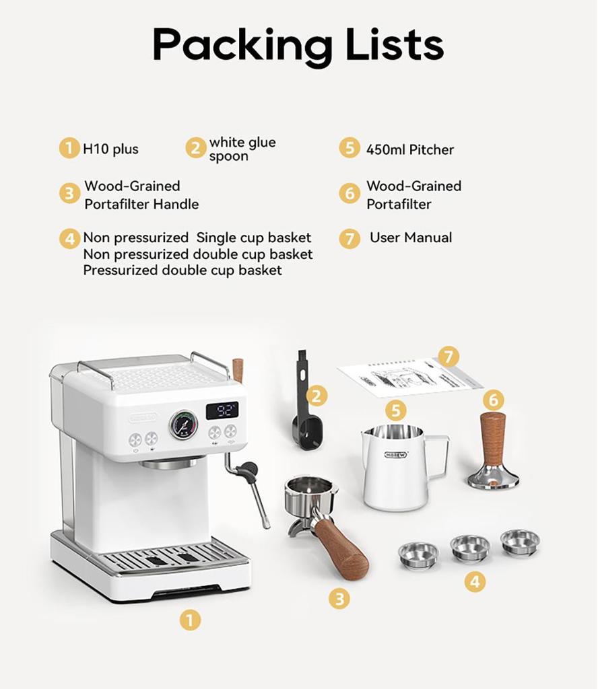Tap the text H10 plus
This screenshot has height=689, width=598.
coord(110,149)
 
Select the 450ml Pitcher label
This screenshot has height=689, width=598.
coord(410,149)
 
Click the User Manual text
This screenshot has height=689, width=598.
coord(411,238)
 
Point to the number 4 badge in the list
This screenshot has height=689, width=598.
coord(69,239)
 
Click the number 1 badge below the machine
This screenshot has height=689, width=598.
coord(191,619)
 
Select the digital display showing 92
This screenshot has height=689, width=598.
coord(222,410)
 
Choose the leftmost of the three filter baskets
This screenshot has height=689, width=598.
coord(418,554)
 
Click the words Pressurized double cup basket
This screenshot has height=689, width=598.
coord(182,270)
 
